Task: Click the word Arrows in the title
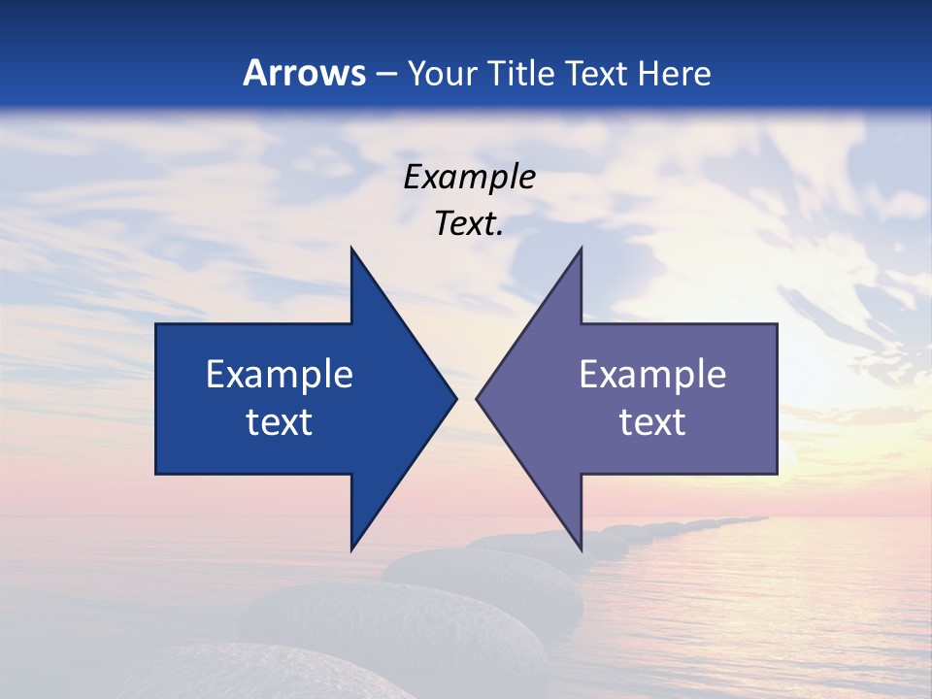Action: pos(304,73)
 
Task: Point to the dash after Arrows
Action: pos(385,75)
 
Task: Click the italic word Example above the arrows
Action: pos(469,178)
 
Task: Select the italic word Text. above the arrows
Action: pos(469,224)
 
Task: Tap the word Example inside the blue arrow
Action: pos(280,375)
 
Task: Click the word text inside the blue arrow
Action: pos(280,422)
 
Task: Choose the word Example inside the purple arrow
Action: pos(652,375)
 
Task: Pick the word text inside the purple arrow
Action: pos(652,422)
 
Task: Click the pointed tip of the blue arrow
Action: pos(455,398)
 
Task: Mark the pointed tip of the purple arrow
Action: pos(478,398)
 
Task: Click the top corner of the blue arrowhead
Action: pos(351,249)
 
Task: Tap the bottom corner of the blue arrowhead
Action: pos(351,549)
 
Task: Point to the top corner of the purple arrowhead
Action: pos(581,249)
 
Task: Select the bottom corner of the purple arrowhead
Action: pos(581,549)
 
